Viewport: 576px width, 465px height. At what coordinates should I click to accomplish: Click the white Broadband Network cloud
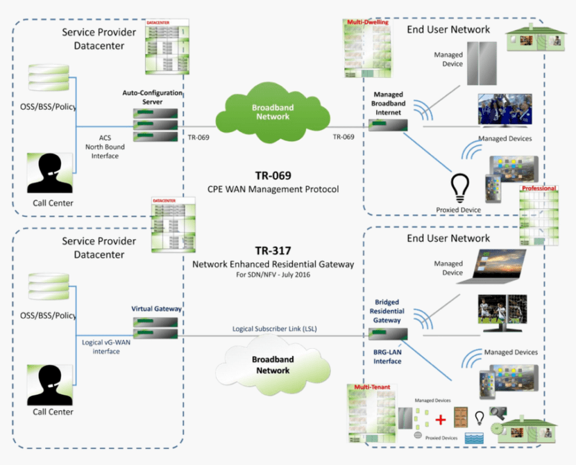[x=273, y=365]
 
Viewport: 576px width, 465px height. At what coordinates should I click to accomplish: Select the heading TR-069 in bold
[x=271, y=176]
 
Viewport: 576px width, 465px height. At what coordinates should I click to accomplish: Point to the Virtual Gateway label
[x=156, y=308]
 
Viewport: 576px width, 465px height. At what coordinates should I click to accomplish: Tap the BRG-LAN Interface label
[x=387, y=357]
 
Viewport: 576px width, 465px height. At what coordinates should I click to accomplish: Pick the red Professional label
[x=539, y=188]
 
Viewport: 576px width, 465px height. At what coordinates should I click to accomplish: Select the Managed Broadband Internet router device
[x=389, y=126]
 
